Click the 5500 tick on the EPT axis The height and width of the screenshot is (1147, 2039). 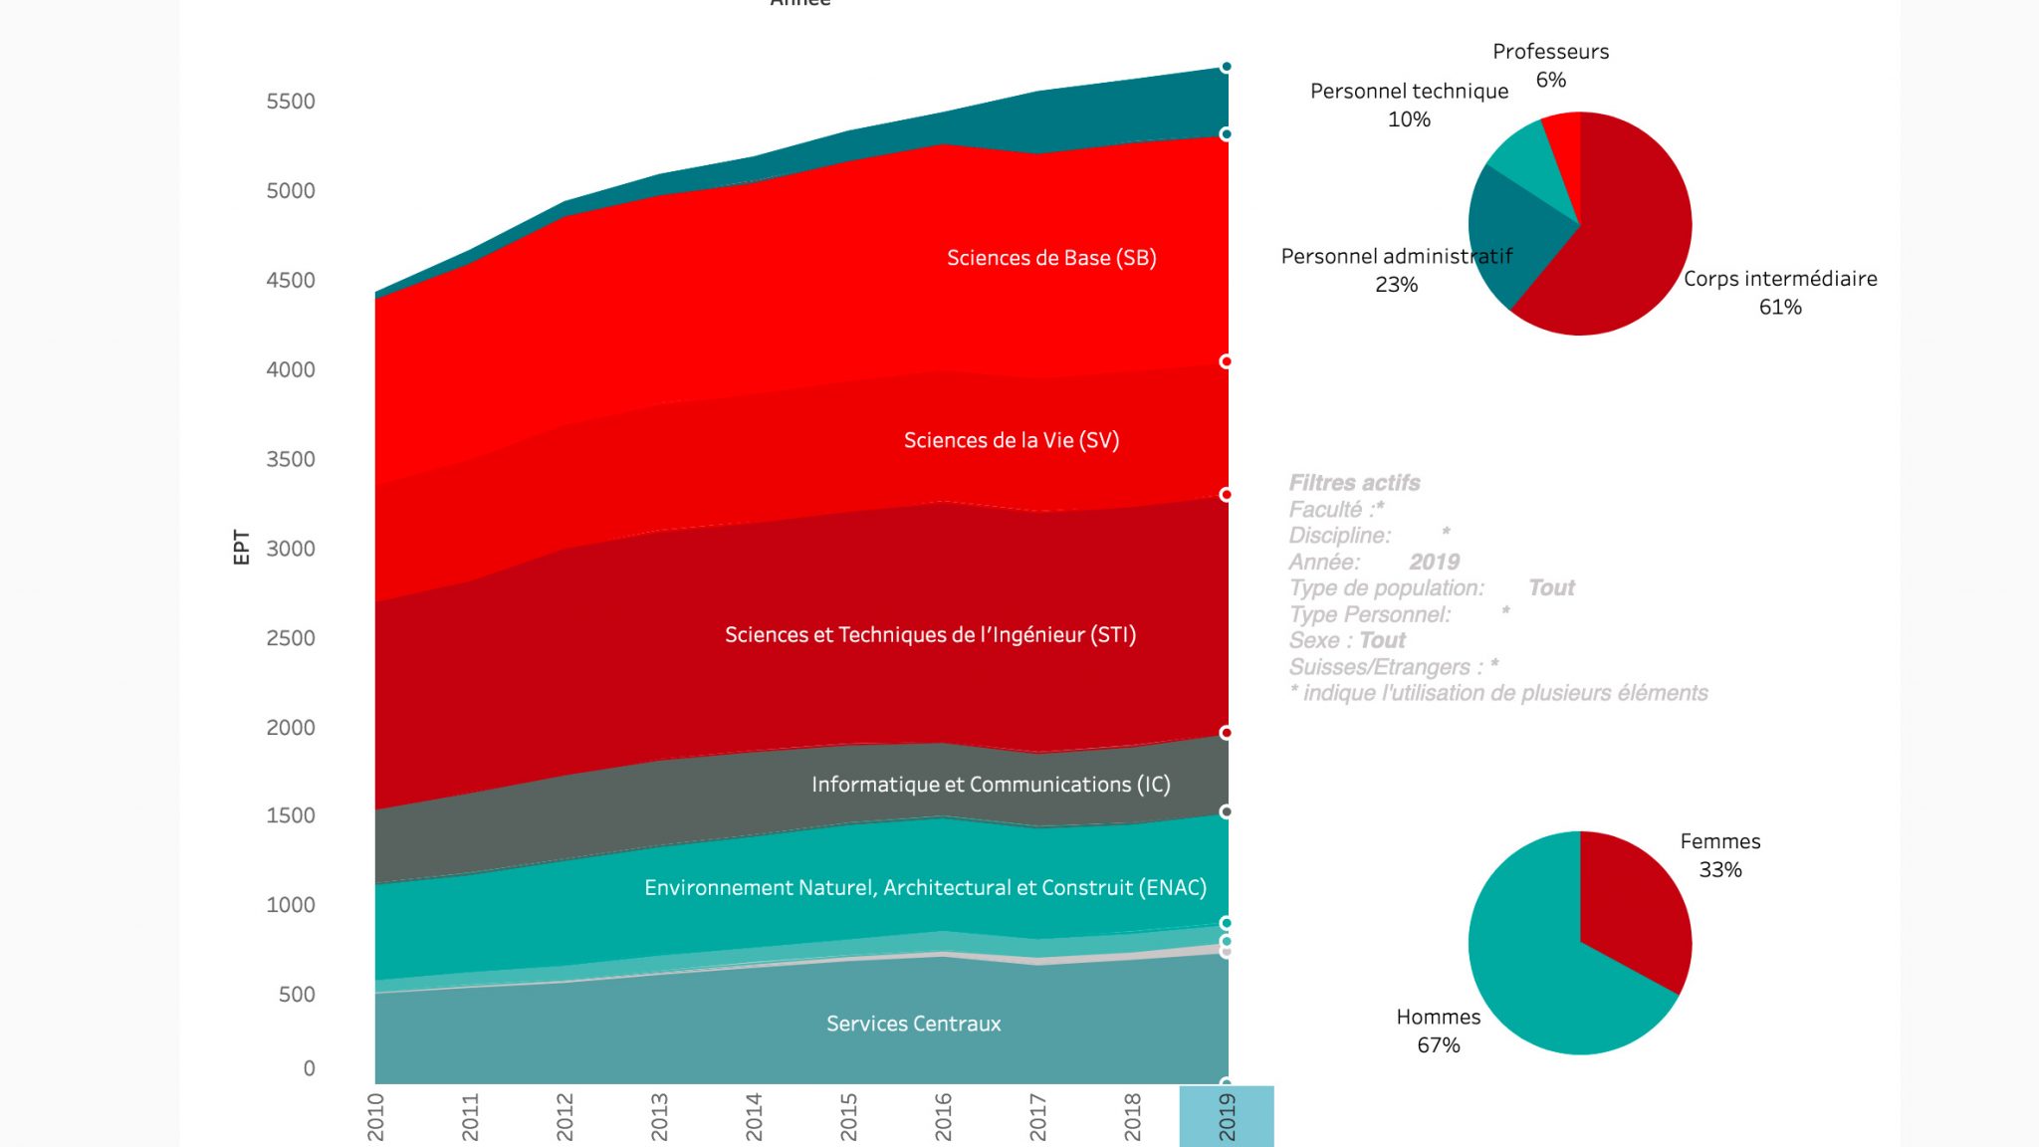[290, 102]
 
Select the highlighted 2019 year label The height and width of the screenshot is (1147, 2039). [1227, 1116]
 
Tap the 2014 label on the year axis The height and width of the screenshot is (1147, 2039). [754, 1116]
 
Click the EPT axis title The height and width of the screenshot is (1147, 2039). [241, 547]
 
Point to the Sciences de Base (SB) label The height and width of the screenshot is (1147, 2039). [1051, 258]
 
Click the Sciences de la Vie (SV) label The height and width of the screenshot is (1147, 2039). [1011, 440]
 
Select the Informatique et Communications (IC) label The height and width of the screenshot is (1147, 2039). [991, 785]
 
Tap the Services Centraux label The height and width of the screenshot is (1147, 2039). [913, 1024]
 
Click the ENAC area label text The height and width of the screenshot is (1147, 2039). [925, 887]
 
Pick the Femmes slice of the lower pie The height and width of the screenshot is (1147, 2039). [1633, 906]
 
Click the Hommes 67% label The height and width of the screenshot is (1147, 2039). [1438, 1031]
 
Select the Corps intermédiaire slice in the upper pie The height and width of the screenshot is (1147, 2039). [1633, 249]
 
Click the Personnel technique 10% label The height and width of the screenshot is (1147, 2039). [1409, 105]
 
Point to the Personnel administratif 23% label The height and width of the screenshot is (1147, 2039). [1396, 270]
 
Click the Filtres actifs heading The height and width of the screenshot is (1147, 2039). [1354, 483]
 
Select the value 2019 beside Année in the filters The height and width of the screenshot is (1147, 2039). [1434, 562]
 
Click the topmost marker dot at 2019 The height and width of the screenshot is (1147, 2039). [1227, 67]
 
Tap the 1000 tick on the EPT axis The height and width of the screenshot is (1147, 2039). [290, 905]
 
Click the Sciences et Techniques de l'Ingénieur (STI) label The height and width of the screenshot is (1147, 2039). [930, 635]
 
